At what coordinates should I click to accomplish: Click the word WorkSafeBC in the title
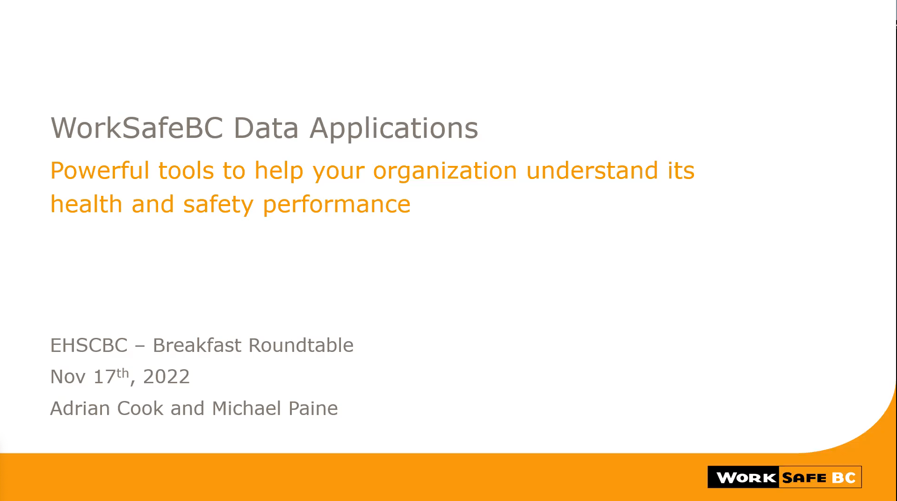point(137,128)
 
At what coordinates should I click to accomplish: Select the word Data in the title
point(266,128)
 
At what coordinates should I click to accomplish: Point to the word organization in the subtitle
point(445,171)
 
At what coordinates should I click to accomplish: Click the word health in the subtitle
point(86,204)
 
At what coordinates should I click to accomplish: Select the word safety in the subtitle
point(218,205)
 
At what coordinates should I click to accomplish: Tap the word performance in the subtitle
point(337,205)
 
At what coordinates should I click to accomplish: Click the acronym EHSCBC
point(89,345)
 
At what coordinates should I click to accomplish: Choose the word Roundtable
point(301,345)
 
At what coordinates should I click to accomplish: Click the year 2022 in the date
point(166,377)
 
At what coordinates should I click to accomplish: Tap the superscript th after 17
point(122,372)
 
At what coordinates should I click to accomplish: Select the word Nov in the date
point(68,377)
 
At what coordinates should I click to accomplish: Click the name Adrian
point(80,408)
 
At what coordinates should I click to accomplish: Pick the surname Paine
point(313,408)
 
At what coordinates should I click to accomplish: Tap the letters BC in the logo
point(844,478)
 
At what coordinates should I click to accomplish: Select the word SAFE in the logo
point(804,478)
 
